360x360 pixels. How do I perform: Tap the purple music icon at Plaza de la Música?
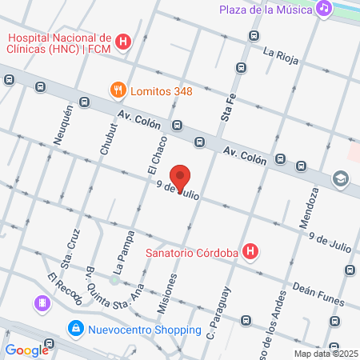tap(323, 9)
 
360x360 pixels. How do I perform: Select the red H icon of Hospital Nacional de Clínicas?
tap(123, 42)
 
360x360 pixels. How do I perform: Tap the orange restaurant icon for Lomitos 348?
tap(118, 90)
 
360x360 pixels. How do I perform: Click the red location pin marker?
tap(180, 178)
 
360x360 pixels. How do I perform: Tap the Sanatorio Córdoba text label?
tap(193, 254)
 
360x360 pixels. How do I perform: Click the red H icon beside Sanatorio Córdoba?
tap(251, 253)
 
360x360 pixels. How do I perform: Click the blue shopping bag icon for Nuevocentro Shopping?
tap(76, 329)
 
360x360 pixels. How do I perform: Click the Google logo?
tap(26, 350)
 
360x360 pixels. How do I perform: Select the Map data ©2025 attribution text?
tap(325, 354)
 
